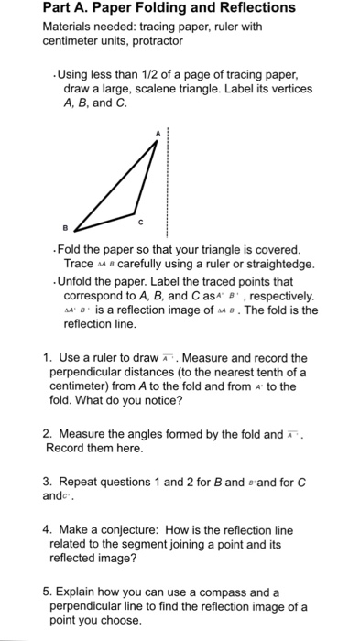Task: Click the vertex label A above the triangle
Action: (157, 134)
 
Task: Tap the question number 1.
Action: (46, 358)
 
